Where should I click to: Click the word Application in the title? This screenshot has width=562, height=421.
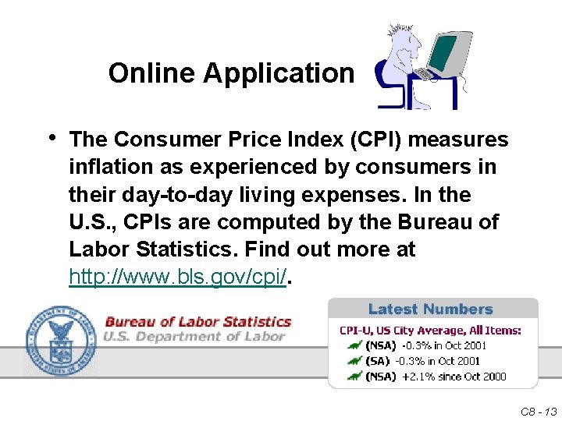pyautogui.click(x=279, y=73)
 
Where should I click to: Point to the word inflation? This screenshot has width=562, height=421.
pyautogui.click(x=107, y=168)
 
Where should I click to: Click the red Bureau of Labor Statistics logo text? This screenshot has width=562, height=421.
pyautogui.click(x=197, y=322)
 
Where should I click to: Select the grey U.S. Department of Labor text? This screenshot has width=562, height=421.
pyautogui.click(x=194, y=337)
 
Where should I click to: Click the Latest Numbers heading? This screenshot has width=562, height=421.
pyautogui.click(x=430, y=310)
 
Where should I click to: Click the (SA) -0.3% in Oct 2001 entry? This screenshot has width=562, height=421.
pyautogui.click(x=422, y=361)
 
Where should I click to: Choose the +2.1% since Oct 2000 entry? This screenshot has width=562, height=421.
pyautogui.click(x=454, y=377)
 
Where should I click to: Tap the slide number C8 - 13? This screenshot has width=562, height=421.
pyautogui.click(x=538, y=411)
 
